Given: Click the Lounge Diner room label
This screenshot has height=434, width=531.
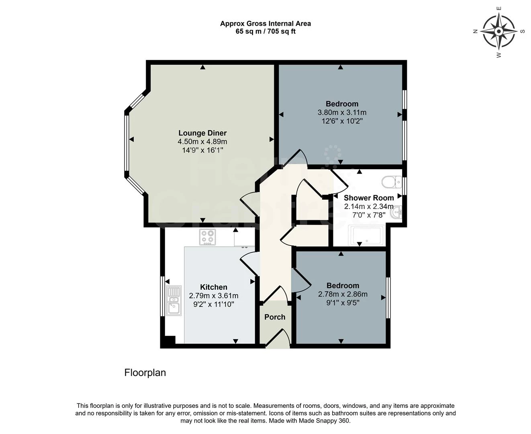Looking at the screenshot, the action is (202, 133).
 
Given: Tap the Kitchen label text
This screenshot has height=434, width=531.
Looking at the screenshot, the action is (214, 287).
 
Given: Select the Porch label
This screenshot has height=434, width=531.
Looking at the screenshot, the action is (275, 317).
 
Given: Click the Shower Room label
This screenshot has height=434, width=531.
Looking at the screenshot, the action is (369, 198).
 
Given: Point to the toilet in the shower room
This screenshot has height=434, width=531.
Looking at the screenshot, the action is (392, 182).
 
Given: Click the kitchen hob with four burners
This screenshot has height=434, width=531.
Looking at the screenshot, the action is (208, 237).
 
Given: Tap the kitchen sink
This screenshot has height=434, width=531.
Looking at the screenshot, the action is (174, 301).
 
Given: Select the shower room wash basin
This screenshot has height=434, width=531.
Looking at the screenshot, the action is (396, 212).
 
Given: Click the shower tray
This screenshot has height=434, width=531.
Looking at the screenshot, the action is (367, 235).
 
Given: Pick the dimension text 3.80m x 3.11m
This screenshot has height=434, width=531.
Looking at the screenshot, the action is (342, 113).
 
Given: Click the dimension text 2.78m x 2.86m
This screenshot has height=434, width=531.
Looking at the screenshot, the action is (343, 294).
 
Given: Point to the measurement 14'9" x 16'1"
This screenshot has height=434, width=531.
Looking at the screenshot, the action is (203, 150).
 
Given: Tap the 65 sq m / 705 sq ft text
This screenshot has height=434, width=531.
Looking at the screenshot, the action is (265, 31).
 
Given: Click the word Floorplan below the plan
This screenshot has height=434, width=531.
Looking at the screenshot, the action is (145, 373).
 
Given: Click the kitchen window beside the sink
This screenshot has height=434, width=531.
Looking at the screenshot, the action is (162, 296).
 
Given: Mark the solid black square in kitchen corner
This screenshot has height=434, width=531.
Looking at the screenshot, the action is (170, 340).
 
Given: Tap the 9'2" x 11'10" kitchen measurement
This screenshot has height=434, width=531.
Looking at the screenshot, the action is (214, 304).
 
